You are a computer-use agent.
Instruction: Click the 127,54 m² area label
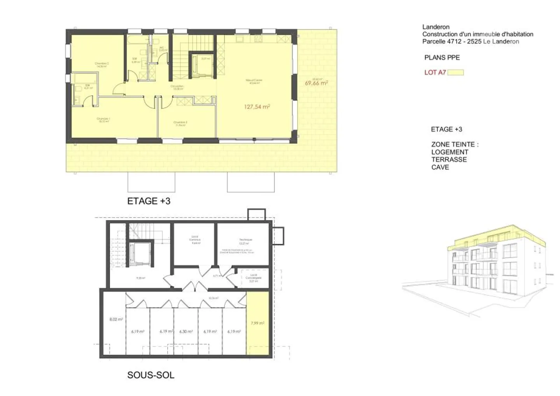click(257, 107)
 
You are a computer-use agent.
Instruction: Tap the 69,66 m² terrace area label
click(316, 83)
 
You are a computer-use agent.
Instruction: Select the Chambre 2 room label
click(101, 64)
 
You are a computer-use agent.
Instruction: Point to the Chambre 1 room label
click(103, 119)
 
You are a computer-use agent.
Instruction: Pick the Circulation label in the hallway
click(177, 87)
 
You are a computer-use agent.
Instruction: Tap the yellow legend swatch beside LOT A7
click(455, 72)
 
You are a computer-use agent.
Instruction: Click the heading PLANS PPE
click(442, 58)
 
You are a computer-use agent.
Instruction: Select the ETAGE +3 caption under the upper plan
click(149, 201)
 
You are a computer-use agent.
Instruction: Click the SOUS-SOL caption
click(150, 375)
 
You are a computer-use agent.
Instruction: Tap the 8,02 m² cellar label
click(116, 319)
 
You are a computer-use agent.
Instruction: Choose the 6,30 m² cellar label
click(186, 331)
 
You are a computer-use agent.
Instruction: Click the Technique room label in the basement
click(245, 241)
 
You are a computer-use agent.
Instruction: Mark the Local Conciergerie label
click(254, 277)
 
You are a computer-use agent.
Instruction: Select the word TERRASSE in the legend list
click(449, 159)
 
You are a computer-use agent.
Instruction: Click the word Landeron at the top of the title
click(436, 27)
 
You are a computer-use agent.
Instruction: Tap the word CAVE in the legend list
click(440, 167)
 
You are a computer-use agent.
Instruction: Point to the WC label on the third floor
click(162, 49)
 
